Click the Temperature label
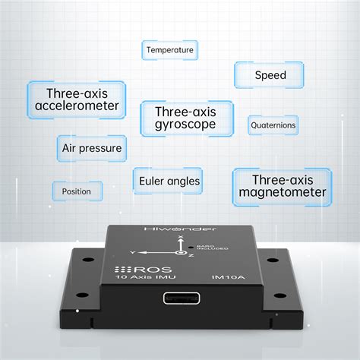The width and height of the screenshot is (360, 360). pyautogui.click(x=170, y=50)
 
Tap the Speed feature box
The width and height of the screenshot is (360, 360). pyautogui.click(x=270, y=74)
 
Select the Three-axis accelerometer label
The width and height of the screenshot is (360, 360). pyautogui.click(x=76, y=99)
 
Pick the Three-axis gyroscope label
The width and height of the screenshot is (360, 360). pyautogui.click(x=185, y=117)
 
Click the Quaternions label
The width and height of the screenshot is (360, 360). pyautogui.click(x=273, y=125)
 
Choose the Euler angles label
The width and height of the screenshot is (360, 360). pyautogui.click(x=169, y=181)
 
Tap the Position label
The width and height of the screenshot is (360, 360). pyautogui.click(x=76, y=191)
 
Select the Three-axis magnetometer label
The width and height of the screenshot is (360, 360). pyautogui.click(x=282, y=186)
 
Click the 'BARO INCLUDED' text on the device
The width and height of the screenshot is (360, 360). pyautogui.click(x=205, y=248)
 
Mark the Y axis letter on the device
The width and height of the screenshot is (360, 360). pyautogui.click(x=133, y=251)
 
